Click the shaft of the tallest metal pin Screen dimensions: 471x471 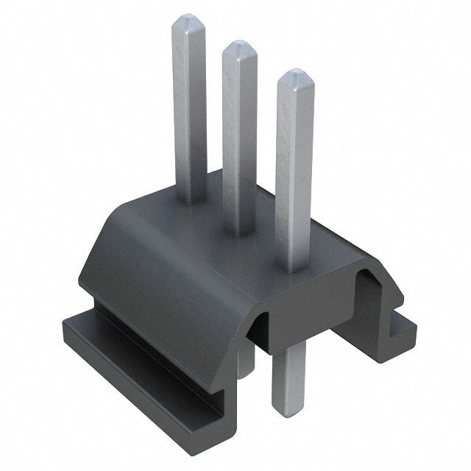click(x=189, y=110)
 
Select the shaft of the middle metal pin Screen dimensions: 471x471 click(x=240, y=140)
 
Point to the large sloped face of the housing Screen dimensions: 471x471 click(x=169, y=272)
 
